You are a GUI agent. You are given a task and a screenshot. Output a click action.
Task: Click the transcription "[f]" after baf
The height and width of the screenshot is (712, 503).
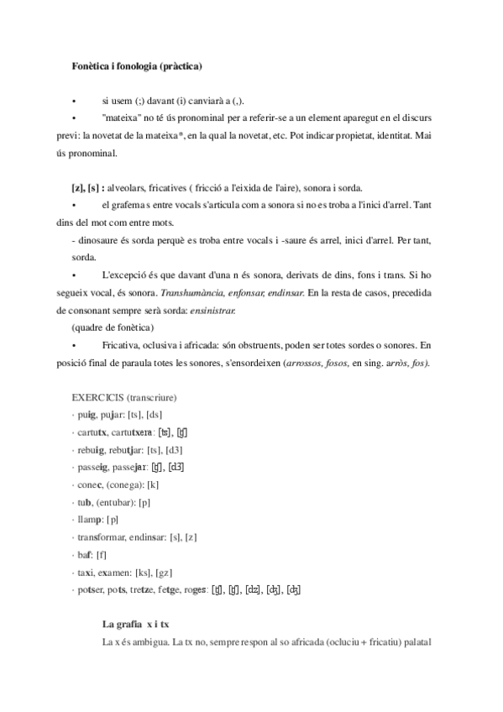click(x=101, y=555)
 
